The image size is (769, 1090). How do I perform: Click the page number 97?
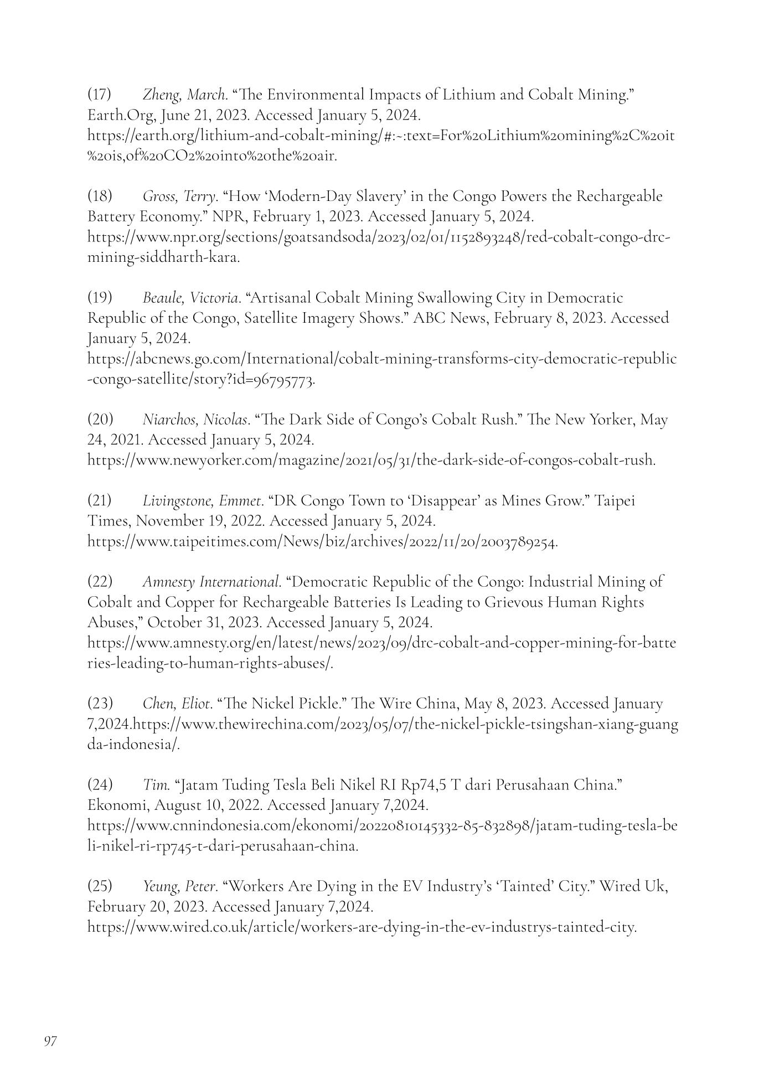pyautogui.click(x=50, y=1041)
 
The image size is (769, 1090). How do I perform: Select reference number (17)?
pyautogui.click(x=100, y=95)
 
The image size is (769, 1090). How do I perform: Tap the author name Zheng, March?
pyautogui.click(x=185, y=95)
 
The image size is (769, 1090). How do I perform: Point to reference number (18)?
pyautogui.click(x=100, y=196)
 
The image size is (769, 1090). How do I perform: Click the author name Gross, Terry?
pyautogui.click(x=179, y=196)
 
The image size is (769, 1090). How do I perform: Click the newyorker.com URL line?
pyautogui.click(x=371, y=460)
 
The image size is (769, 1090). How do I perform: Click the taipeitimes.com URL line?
pyautogui.click(x=323, y=541)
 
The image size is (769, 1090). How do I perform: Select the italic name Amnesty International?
pyautogui.click(x=211, y=582)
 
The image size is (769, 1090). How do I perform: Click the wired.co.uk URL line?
pyautogui.click(x=362, y=927)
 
